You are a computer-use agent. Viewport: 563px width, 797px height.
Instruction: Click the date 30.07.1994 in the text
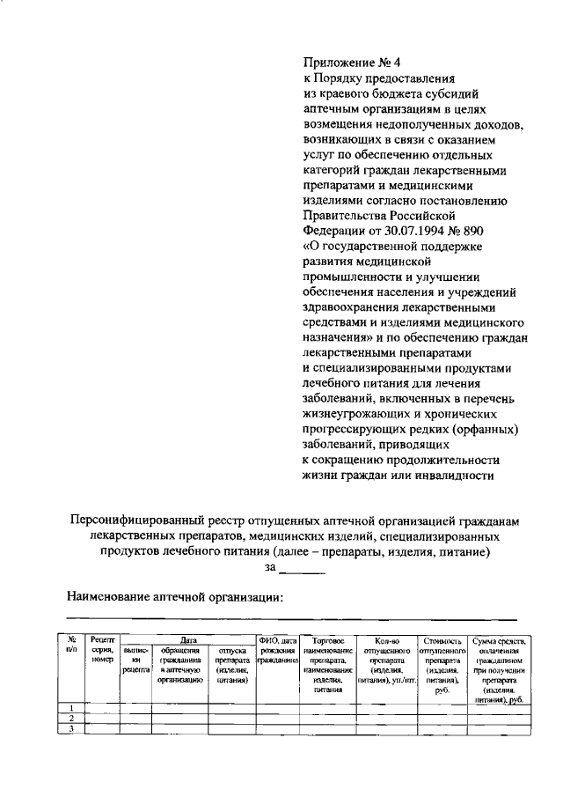413,230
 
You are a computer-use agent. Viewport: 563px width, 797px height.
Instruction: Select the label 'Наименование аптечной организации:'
176,598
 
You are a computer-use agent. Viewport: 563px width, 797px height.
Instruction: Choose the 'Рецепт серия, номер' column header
103,649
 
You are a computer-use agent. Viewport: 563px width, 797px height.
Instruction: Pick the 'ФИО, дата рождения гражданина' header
276,649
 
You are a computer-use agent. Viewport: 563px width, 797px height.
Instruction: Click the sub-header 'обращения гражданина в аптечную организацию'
180,664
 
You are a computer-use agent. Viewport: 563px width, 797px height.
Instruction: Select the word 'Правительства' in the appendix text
346,214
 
